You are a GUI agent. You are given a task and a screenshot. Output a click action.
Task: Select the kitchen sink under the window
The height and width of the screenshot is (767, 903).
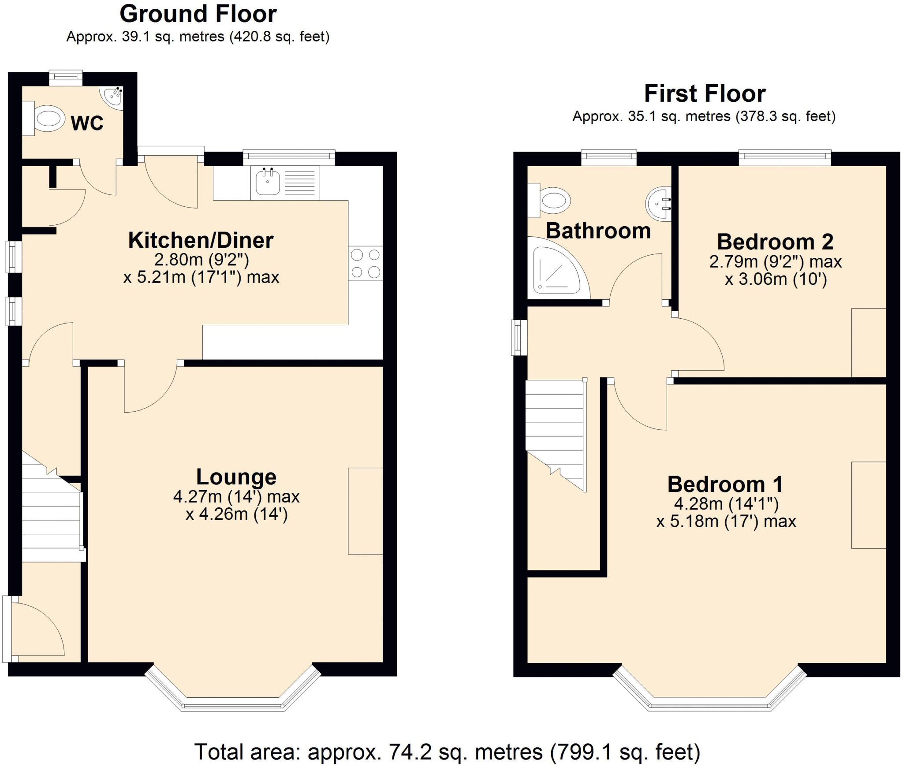[x=268, y=182]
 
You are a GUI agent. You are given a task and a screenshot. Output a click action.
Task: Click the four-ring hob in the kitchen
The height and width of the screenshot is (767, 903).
[x=365, y=263]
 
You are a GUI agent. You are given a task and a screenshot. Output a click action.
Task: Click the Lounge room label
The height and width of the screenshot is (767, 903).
[x=236, y=477]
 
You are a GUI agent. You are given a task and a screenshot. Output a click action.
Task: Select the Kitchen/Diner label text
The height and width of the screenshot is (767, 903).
[x=201, y=240]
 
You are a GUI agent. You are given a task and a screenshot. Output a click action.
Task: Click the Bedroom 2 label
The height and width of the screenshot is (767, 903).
[x=775, y=242]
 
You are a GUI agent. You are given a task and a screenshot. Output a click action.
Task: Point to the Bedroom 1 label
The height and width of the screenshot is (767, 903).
[x=725, y=484]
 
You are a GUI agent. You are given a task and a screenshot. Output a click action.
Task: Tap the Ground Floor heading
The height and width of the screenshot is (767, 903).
[x=198, y=14]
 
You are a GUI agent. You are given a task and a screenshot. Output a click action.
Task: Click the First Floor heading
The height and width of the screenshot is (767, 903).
[x=705, y=93]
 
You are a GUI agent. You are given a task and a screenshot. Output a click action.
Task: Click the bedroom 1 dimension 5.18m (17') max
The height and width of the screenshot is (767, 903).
[x=726, y=521]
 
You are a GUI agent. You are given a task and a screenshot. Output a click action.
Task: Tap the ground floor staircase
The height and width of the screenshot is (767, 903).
[x=51, y=520]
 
